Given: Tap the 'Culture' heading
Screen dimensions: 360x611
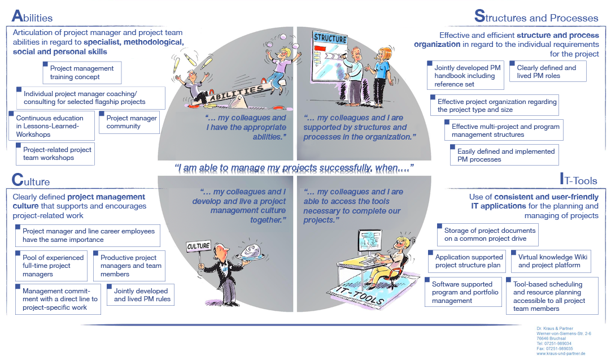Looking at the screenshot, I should [x=30, y=181].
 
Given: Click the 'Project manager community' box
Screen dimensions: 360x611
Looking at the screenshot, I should [x=129, y=122].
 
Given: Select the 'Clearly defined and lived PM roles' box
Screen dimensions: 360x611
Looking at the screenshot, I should [x=547, y=72].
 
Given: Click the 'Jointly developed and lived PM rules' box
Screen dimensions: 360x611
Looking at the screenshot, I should [x=141, y=295].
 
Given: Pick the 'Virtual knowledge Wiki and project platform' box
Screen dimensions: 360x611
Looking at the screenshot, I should [x=552, y=261].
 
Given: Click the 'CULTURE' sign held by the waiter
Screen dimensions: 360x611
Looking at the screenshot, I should [x=198, y=246].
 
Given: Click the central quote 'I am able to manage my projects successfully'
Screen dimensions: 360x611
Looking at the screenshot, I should [x=294, y=168].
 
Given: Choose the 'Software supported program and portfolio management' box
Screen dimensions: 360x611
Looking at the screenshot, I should [x=465, y=292].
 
